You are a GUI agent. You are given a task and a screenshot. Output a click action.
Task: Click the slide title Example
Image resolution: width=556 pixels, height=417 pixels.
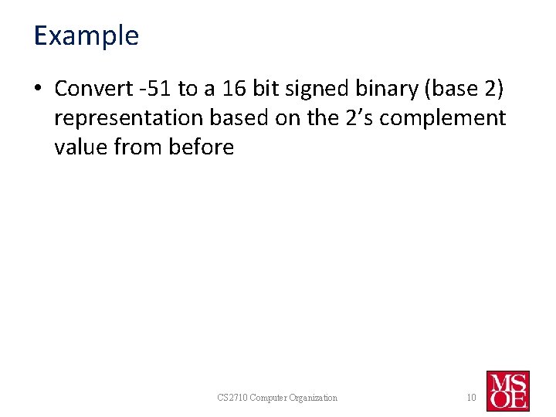[x=86, y=36]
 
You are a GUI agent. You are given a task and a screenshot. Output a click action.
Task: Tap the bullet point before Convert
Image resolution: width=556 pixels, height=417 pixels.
[x=39, y=90]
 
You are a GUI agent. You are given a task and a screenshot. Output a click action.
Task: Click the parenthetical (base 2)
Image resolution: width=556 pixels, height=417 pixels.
[x=466, y=89]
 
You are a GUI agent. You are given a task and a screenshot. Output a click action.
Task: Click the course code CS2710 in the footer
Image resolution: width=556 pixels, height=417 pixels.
[x=233, y=398]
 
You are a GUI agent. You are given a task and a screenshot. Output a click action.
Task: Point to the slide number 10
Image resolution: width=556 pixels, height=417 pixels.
[x=470, y=398]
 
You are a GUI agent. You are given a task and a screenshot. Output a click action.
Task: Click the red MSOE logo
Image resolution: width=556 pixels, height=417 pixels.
[x=507, y=391]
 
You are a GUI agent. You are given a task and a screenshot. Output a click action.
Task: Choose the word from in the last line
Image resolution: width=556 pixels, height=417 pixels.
[x=141, y=147]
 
